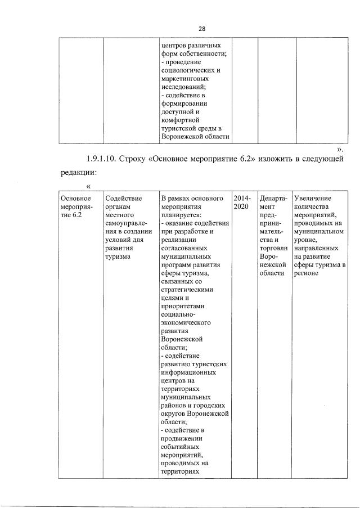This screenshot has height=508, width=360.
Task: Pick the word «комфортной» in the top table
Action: tap(181, 120)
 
